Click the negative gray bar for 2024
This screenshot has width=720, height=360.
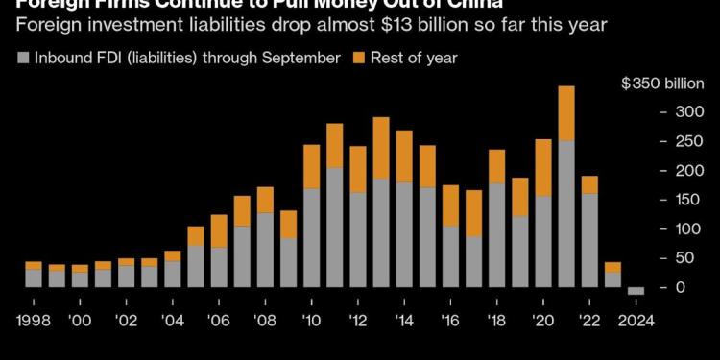click(636, 291)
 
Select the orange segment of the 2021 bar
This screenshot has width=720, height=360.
click(565, 113)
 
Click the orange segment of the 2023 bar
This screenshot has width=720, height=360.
click(612, 267)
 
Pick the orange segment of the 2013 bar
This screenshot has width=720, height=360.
click(381, 148)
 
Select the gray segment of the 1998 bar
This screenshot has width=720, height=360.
click(34, 277)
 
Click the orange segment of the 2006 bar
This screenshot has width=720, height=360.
click(219, 230)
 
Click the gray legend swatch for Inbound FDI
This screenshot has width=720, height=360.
click(22, 58)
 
